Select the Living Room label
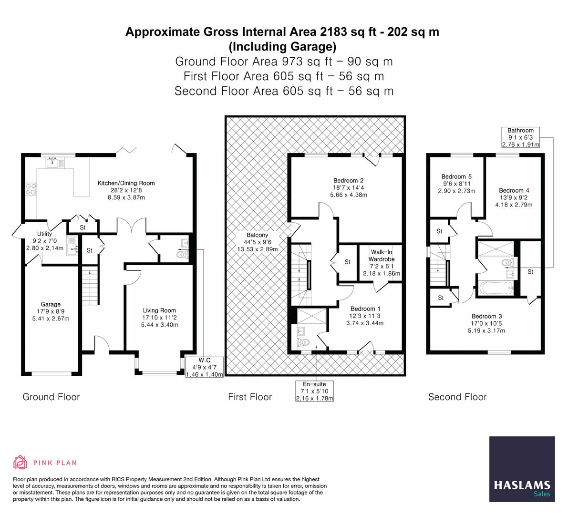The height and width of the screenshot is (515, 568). tap(159, 318)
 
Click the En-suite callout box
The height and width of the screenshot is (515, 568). tap(314, 391)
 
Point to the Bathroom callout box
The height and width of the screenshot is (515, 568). tap(520, 137)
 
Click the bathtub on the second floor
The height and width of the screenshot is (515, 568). tap(496, 288)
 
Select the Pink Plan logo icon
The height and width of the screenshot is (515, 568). tap(21, 462)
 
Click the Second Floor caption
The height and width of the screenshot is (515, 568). tap(457, 397)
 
